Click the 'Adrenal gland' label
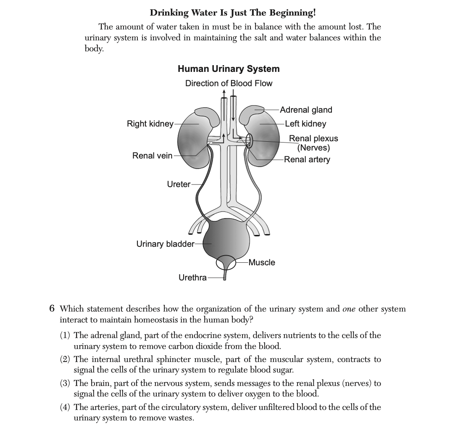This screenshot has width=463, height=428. [306, 110]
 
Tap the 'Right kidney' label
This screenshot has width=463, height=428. [150, 124]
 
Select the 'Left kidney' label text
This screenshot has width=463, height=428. [305, 124]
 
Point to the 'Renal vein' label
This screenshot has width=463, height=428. [152, 156]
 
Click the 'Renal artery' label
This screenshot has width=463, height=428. [307, 159]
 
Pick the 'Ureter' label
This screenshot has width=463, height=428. [179, 184]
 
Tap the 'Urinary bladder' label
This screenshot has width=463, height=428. [165, 244]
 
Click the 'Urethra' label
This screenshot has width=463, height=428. [192, 277]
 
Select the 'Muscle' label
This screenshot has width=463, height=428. [262, 262]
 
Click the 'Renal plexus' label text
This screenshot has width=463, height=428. [313, 138]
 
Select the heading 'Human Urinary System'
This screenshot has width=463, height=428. [229, 69]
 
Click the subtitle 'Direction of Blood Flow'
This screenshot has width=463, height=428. [229, 83]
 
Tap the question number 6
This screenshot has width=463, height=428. [52, 309]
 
